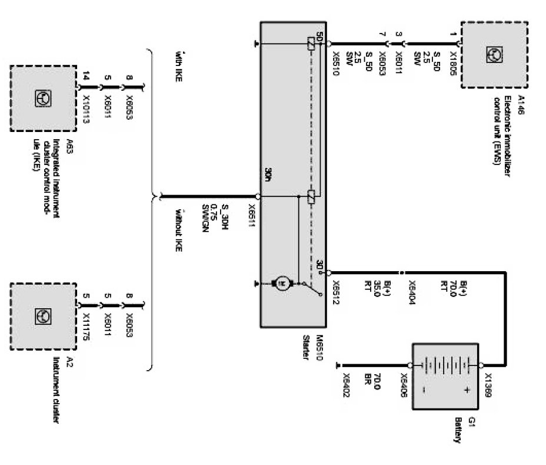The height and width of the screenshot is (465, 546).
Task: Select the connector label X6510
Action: pos(335,57)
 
